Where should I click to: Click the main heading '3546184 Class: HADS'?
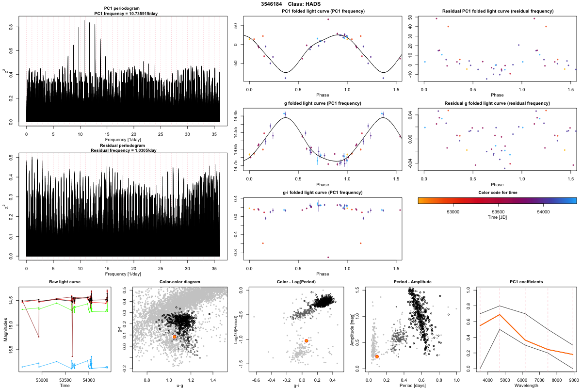[x=291, y=4]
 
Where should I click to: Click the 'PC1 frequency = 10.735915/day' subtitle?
[x=123, y=14]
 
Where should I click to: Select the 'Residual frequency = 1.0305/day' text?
[x=123, y=150]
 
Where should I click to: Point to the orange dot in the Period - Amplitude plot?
[x=377, y=356]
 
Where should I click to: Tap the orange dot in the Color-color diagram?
[x=175, y=337]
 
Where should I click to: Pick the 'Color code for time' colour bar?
[x=497, y=200]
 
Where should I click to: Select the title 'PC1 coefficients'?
[x=526, y=282]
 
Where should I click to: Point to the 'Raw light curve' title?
[x=65, y=282]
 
